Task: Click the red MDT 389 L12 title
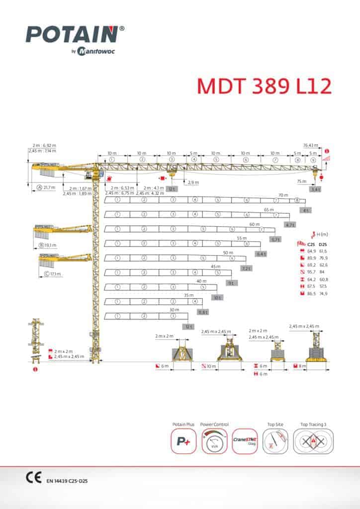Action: [264, 85]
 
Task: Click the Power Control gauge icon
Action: [214, 441]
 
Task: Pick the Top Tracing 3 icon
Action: [313, 441]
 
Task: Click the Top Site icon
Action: [275, 441]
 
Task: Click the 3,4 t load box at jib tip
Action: [315, 189]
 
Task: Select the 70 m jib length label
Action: [283, 195]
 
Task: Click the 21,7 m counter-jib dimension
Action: [49, 187]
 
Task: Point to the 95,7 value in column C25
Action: [312, 271]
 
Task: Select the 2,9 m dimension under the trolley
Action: [193, 182]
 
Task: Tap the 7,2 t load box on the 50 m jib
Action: [246, 268]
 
